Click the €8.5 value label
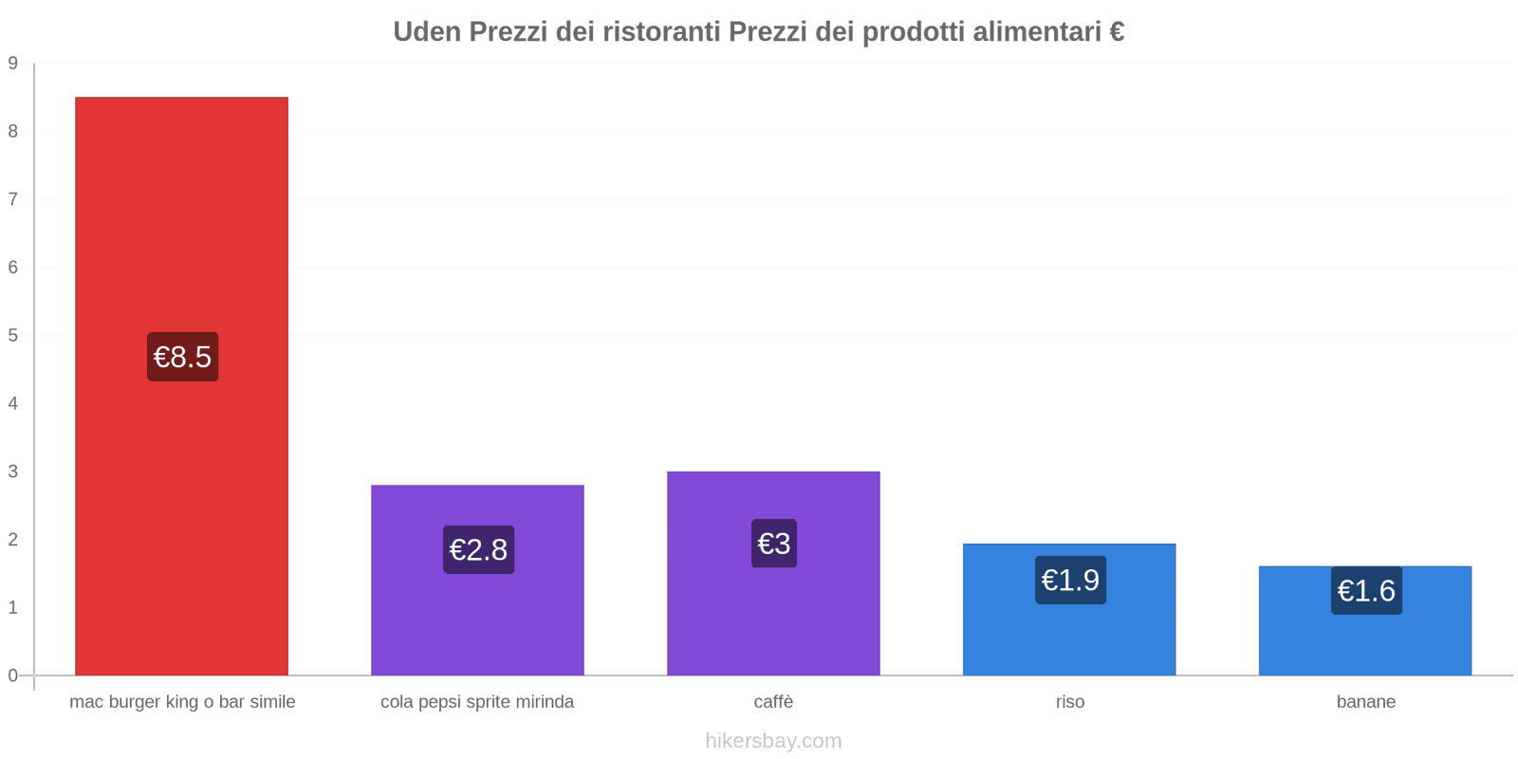point(182,357)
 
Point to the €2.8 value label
point(478,549)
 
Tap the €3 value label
point(774,544)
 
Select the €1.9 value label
point(1070,580)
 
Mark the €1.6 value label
point(1366,591)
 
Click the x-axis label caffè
point(773,702)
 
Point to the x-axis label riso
point(1070,702)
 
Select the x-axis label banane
point(1365,702)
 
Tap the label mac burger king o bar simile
point(182,702)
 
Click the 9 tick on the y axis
point(13,64)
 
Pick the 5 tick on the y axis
point(13,335)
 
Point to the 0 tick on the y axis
point(13,676)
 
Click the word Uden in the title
point(427,32)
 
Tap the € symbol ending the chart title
point(1116,32)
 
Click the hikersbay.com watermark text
point(773,741)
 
